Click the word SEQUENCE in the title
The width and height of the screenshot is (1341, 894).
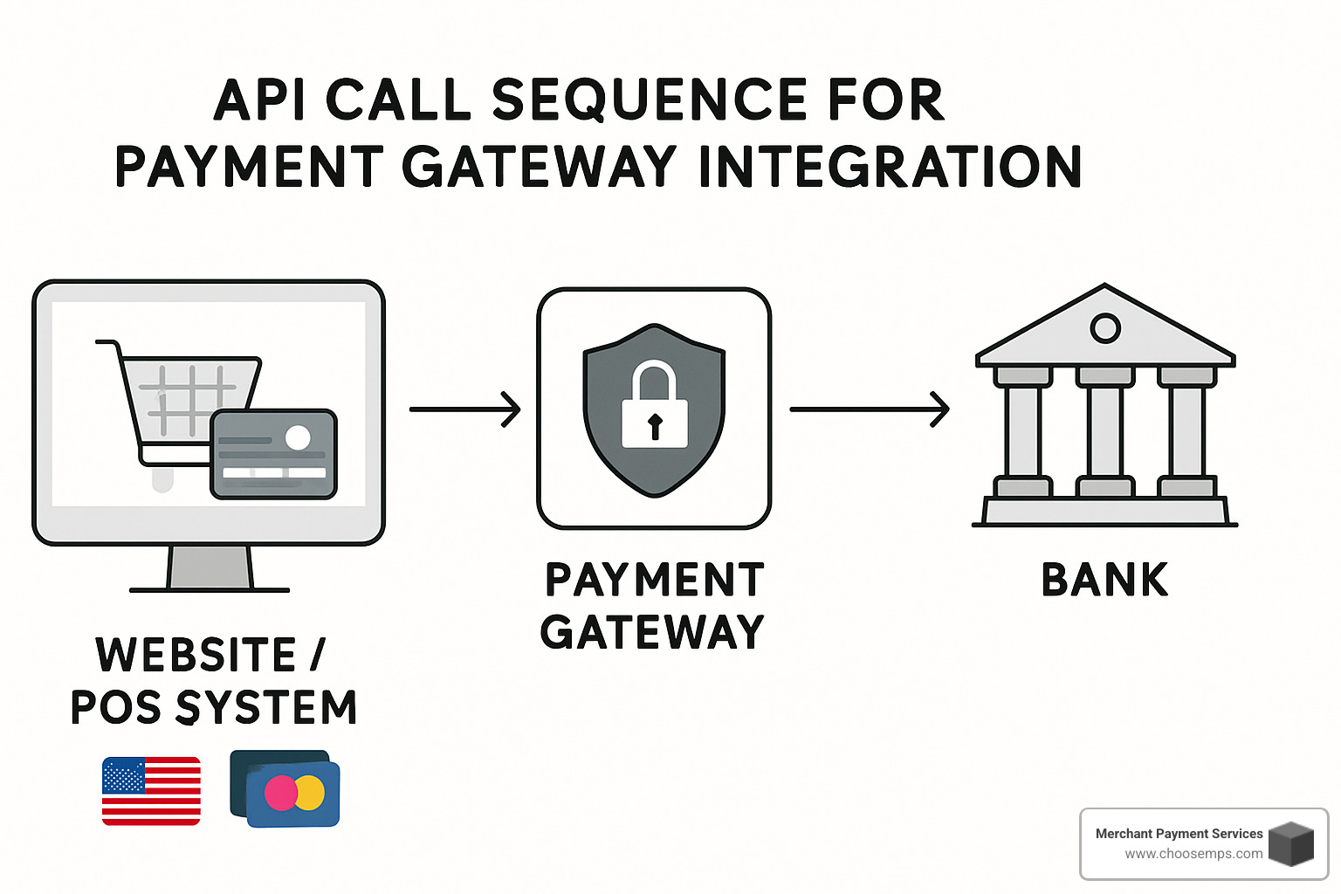click(650, 100)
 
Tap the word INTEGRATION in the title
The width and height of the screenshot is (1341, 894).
click(890, 167)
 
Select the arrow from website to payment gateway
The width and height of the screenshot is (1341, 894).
click(465, 409)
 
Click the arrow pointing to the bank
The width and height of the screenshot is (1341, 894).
click(870, 409)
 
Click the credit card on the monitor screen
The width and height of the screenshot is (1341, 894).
click(273, 454)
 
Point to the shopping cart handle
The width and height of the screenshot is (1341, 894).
click(107, 344)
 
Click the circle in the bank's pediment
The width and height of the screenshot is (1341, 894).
click(1105, 328)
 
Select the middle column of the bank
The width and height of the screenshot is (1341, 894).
click(1105, 431)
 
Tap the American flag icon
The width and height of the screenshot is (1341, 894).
click(151, 791)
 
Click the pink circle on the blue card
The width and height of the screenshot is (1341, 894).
click(281, 793)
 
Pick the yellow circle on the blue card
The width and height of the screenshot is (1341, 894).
click(311, 793)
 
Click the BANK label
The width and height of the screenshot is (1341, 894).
click(1104, 580)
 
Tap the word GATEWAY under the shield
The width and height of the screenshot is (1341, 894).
click(652, 632)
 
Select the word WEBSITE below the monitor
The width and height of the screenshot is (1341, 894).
click(196, 655)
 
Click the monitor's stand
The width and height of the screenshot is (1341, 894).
click(210, 569)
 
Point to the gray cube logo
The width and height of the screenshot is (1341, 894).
click(1291, 843)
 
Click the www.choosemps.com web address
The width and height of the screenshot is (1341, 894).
click(1193, 854)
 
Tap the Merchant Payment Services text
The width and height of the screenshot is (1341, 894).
click(1179, 834)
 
